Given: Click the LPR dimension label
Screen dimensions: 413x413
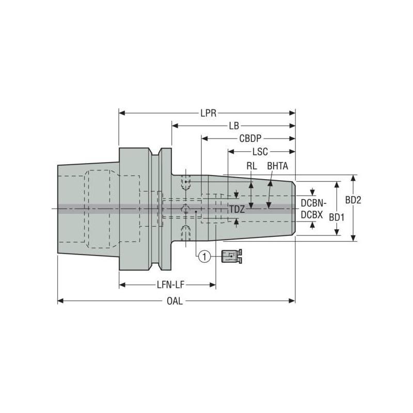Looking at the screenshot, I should (209, 113).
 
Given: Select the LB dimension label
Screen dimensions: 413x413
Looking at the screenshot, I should (234, 125).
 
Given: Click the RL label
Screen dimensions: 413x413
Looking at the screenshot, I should (251, 166).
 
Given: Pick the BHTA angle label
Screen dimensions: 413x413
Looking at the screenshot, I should (277, 166).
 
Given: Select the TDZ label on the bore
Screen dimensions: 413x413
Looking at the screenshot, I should (237, 209).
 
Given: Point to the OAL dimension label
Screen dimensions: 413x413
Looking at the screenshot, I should (175, 301).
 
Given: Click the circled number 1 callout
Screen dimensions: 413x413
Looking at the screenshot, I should (204, 256).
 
